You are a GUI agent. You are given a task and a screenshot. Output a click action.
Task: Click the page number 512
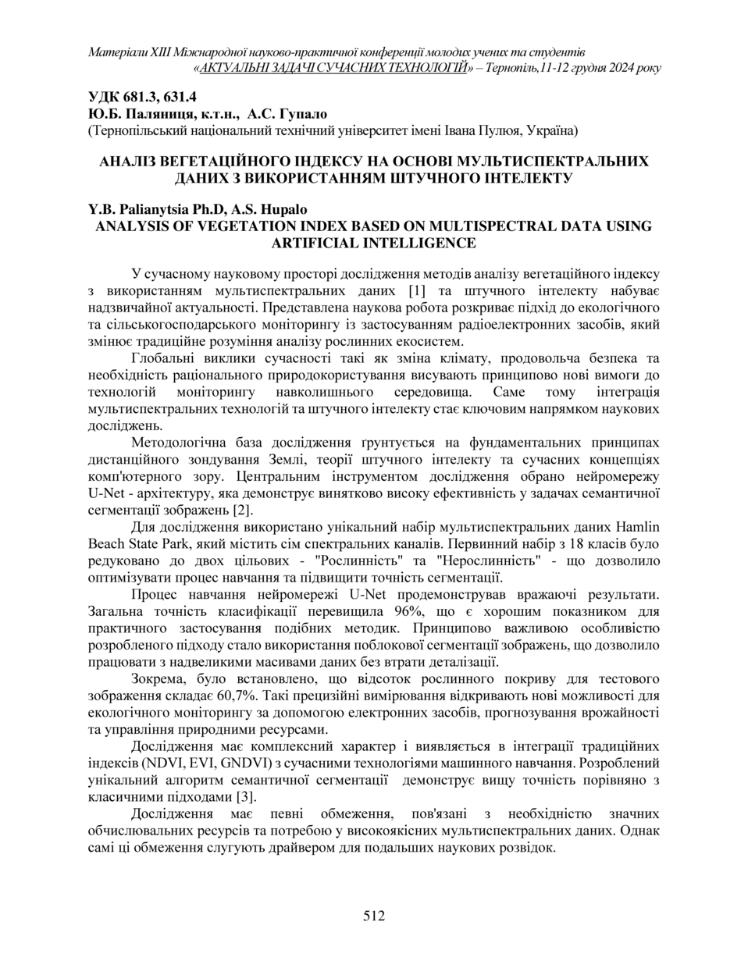[x=374, y=916]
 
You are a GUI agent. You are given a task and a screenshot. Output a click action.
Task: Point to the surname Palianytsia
[x=148, y=210]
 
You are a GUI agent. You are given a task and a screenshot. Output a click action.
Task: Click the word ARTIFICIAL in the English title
[x=324, y=243]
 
